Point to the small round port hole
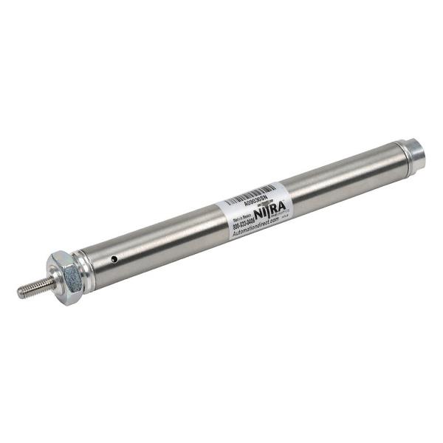[x=114, y=259]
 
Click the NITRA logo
[x=275, y=210]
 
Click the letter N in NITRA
[x=264, y=213]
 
